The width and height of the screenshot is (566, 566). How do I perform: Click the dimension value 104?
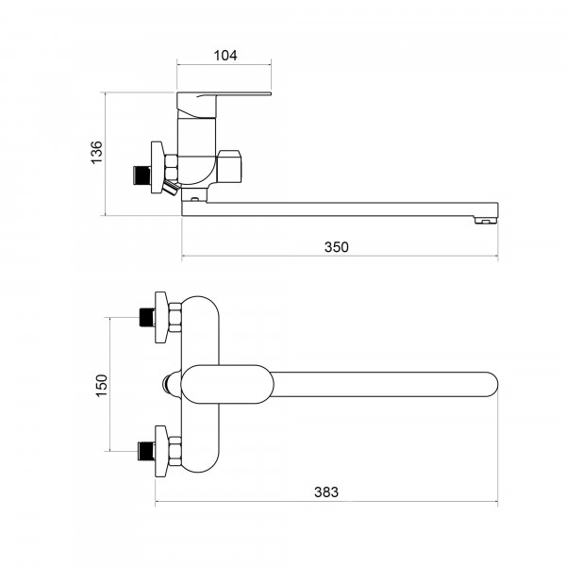(x=225, y=56)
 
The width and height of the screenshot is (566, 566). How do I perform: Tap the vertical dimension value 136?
(x=97, y=153)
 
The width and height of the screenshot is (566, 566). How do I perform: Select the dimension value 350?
(x=337, y=247)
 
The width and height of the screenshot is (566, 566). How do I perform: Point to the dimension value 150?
(x=102, y=386)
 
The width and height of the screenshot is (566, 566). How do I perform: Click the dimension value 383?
(x=326, y=492)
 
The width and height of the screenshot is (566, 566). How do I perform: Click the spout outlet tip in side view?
(x=486, y=220)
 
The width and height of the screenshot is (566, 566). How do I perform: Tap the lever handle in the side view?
(x=224, y=106)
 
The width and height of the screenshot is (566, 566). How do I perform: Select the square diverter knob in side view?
(x=229, y=166)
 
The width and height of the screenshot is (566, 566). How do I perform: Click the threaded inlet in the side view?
(x=141, y=175)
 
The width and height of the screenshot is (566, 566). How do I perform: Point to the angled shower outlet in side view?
(x=171, y=188)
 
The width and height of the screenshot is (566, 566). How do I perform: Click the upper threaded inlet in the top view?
(x=146, y=317)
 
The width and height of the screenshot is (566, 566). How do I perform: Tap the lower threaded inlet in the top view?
(x=146, y=451)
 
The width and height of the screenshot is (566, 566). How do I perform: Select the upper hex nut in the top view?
(x=175, y=317)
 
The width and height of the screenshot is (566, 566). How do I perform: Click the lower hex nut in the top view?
(x=175, y=451)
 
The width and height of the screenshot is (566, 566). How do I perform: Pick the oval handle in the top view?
(x=227, y=384)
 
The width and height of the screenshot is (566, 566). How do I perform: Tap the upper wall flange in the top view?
(x=161, y=317)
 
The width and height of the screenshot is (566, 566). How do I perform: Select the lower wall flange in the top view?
(x=161, y=451)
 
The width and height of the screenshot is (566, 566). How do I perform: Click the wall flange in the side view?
(x=158, y=167)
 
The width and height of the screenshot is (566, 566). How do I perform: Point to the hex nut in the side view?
(x=171, y=167)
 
